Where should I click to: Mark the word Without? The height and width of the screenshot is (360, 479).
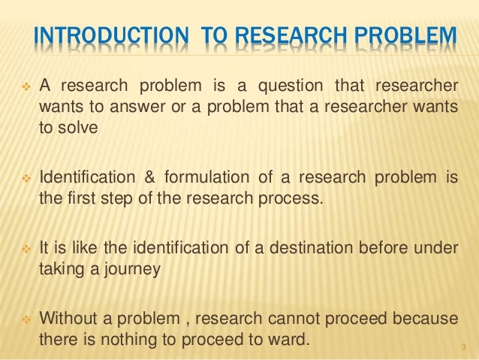[x=69, y=319]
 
